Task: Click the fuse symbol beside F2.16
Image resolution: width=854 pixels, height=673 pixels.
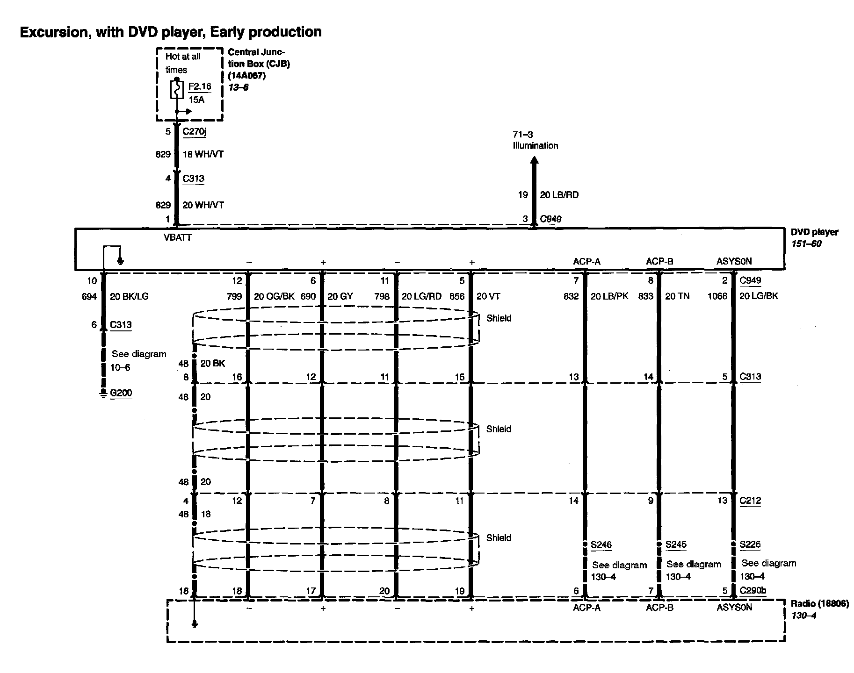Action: click(x=176, y=90)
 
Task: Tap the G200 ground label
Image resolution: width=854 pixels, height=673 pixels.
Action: click(x=121, y=393)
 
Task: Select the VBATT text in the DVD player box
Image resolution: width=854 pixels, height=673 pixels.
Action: click(x=177, y=237)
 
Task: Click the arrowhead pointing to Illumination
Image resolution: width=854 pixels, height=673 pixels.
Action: click(x=535, y=161)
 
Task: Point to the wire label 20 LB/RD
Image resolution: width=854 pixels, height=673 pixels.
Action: click(x=559, y=195)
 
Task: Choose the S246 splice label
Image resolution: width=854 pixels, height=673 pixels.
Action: click(x=601, y=544)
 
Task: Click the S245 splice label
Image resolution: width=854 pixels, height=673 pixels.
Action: click(x=676, y=544)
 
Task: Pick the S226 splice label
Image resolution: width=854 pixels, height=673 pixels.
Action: click(x=750, y=544)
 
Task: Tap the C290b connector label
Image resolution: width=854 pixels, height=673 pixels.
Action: click(x=753, y=591)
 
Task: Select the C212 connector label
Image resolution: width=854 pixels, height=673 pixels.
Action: click(x=750, y=501)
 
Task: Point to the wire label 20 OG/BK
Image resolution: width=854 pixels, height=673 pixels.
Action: click(x=274, y=296)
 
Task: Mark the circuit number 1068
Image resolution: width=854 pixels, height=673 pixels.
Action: click(x=717, y=296)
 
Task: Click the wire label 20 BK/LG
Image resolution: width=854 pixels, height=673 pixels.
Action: click(x=129, y=296)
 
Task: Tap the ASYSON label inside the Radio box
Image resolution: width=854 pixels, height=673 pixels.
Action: click(x=734, y=608)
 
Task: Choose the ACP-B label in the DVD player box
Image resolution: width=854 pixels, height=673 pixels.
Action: click(x=659, y=262)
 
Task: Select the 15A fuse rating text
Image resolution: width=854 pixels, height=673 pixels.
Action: click(x=196, y=100)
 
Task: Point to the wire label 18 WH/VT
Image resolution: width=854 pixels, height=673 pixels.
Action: click(x=203, y=154)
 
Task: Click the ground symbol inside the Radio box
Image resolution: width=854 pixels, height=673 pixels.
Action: click(x=195, y=624)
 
